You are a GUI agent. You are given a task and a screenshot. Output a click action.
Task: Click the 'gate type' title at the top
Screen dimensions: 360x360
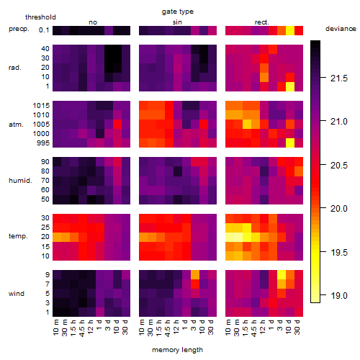[x=178, y=12]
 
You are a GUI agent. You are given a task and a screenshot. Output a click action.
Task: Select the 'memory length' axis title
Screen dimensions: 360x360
[x=177, y=350]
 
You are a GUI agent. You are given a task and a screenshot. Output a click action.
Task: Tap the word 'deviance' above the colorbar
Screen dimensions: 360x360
[x=341, y=29]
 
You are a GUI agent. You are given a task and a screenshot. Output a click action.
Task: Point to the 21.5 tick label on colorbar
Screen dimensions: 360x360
[x=339, y=78]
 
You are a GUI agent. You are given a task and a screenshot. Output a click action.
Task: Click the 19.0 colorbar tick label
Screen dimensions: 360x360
[x=339, y=296]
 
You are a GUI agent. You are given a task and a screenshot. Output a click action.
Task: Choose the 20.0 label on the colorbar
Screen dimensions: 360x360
[x=339, y=209]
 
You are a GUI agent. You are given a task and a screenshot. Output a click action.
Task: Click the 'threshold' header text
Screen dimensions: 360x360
[x=40, y=17]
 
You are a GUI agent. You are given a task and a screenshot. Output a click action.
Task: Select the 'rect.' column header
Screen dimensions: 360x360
[x=262, y=22]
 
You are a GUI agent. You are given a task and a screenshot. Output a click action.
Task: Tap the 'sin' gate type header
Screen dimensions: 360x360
[x=177, y=22]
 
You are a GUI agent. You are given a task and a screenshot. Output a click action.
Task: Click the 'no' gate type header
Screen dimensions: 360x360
[x=93, y=22]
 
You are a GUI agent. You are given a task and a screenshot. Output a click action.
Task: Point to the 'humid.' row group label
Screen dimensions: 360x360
[x=20, y=181]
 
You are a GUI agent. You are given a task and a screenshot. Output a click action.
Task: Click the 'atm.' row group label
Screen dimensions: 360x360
[x=16, y=125]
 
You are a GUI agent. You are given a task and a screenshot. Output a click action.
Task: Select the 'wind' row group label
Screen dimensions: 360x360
[x=17, y=294]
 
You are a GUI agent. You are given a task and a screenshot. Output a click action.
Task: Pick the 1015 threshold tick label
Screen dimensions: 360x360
[x=41, y=106]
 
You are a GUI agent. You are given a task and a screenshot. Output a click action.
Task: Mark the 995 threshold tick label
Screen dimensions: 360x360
[x=43, y=143]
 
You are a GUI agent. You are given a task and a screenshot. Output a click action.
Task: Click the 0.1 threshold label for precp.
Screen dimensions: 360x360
[x=44, y=30]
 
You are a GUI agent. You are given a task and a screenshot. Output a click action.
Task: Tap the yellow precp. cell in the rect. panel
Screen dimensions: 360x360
[x=290, y=30]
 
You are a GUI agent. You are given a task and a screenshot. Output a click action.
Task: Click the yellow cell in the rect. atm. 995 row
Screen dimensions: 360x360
[x=290, y=143]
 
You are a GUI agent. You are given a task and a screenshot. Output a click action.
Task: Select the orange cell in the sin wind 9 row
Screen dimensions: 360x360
[x=195, y=274]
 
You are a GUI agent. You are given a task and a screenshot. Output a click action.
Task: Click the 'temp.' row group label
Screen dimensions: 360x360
[x=18, y=236]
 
